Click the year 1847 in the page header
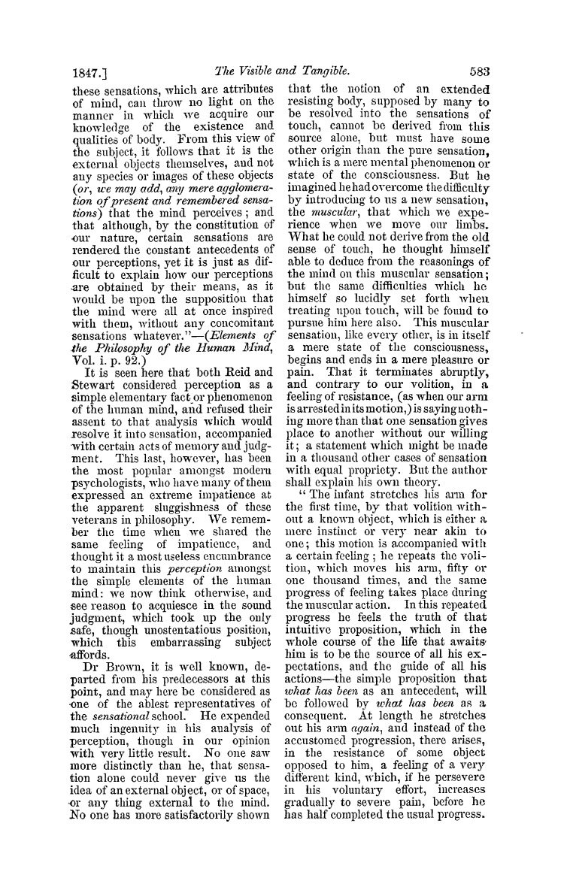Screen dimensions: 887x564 pyautogui.click(x=79, y=72)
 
